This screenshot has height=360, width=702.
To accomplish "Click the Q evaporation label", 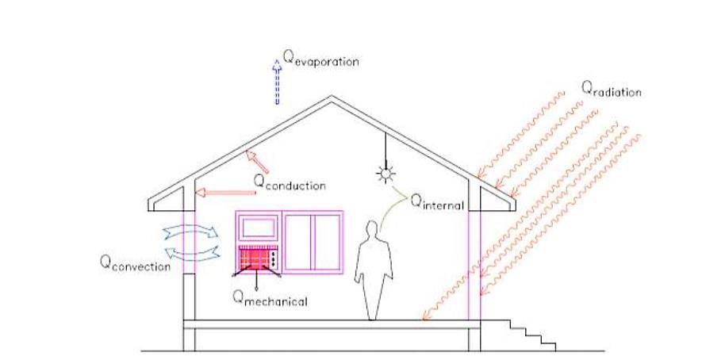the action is pyautogui.click(x=321, y=59).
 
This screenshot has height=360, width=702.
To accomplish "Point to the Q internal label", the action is pyautogui.click(x=436, y=201).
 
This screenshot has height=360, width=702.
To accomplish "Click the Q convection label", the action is pyautogui.click(x=135, y=264).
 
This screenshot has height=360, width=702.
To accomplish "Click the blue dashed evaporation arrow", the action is pyautogui.click(x=277, y=82).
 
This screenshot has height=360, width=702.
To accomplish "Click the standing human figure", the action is pyautogui.click(x=374, y=270).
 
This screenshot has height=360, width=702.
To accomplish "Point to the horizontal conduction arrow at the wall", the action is pyautogui.click(x=222, y=191).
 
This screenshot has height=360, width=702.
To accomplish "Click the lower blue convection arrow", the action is pyautogui.click(x=190, y=252).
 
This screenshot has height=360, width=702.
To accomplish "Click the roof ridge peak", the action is pyautogui.click(x=332, y=98).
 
